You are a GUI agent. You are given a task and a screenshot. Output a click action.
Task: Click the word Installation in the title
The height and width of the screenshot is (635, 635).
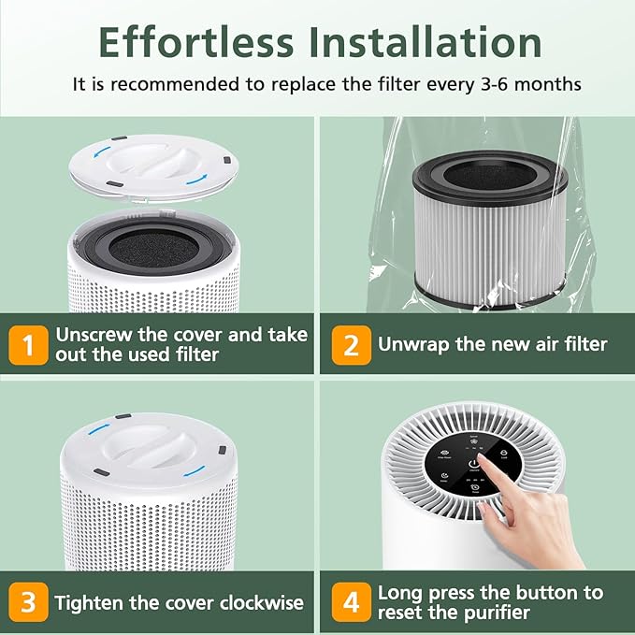point(426,41)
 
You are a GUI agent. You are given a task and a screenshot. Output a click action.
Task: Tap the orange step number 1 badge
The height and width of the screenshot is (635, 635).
point(28,345)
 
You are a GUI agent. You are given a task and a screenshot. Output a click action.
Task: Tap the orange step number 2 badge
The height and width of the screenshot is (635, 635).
point(351,345)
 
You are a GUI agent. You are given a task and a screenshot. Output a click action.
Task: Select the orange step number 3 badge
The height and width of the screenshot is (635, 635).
point(28,601)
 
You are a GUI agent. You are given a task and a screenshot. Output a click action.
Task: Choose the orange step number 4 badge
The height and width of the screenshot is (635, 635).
point(351,601)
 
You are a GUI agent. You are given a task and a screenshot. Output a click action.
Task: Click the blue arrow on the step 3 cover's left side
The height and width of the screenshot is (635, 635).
point(98,430)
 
